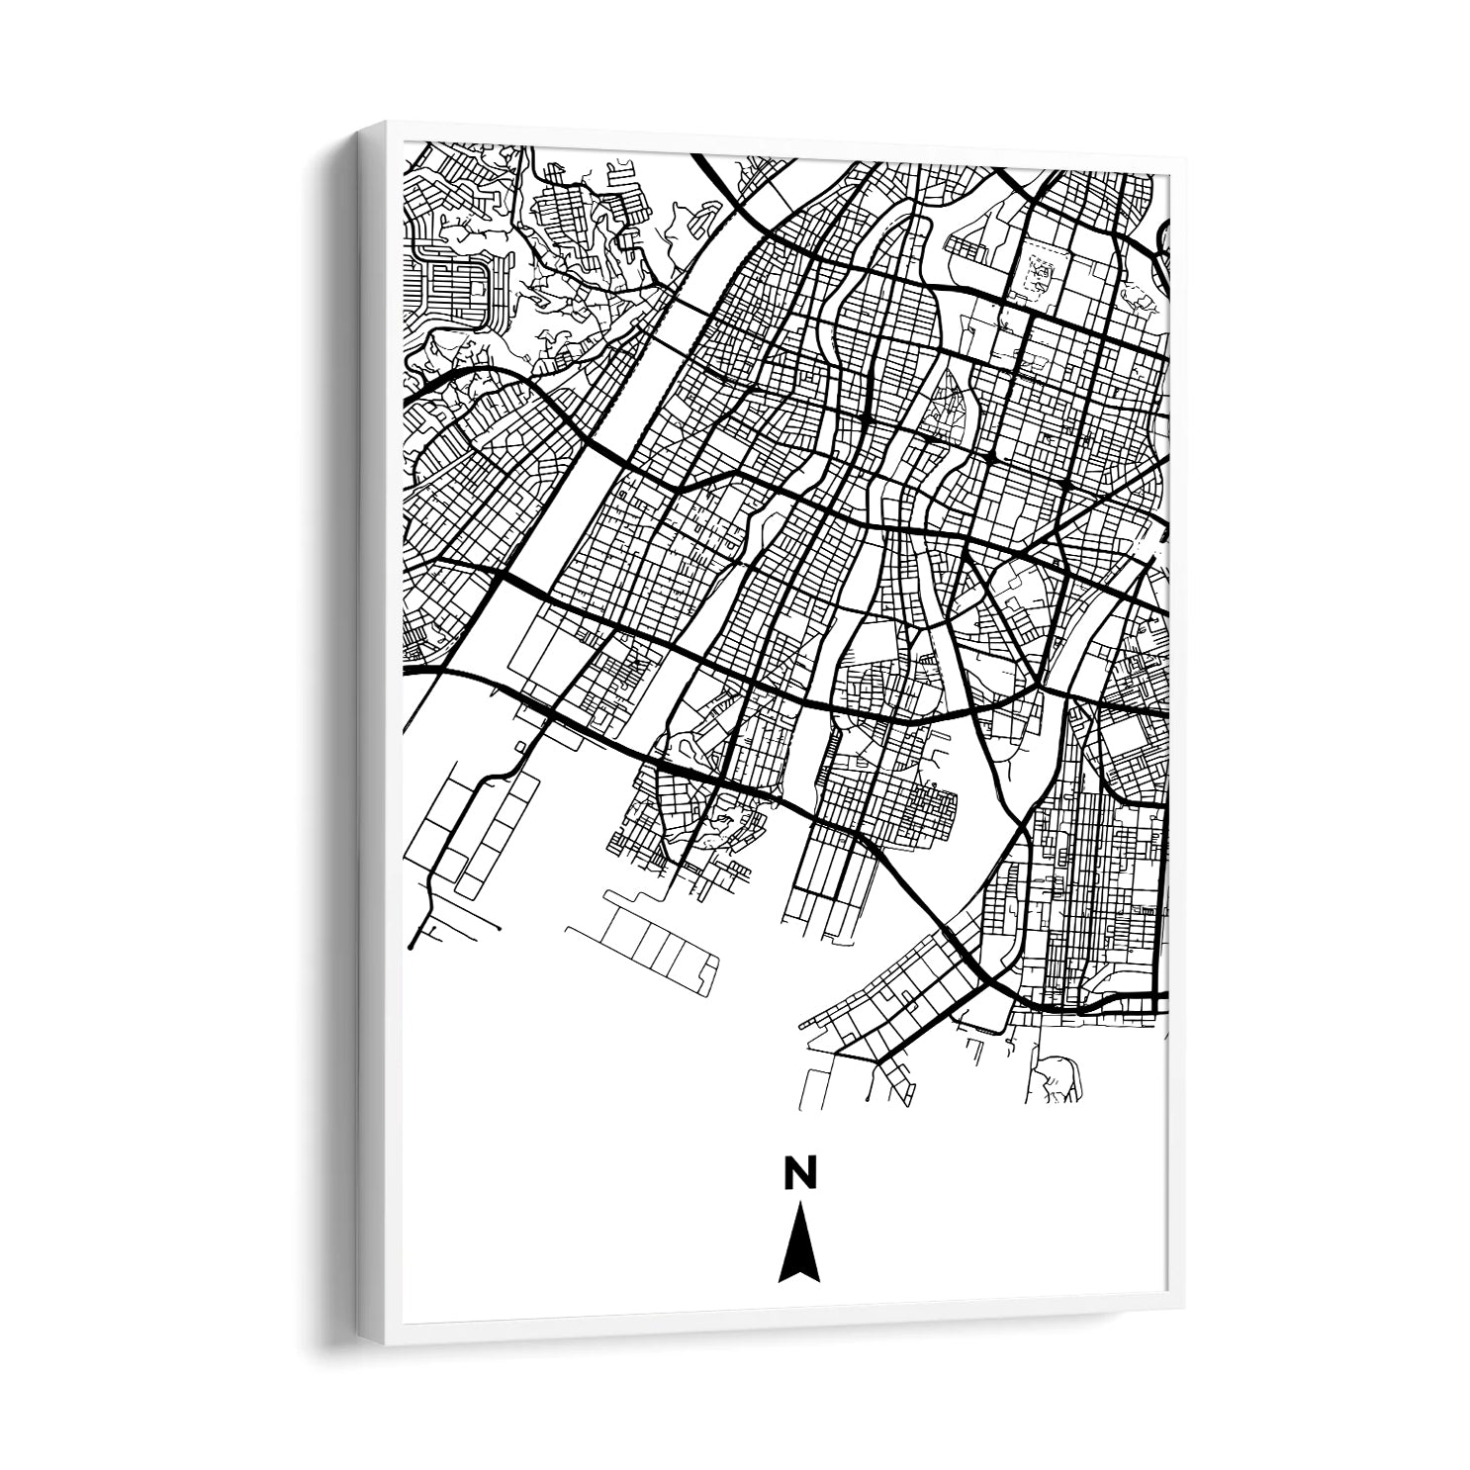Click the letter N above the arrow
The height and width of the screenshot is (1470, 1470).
(x=800, y=1172)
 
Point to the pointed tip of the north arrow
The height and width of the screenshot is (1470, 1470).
(x=800, y=1206)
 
